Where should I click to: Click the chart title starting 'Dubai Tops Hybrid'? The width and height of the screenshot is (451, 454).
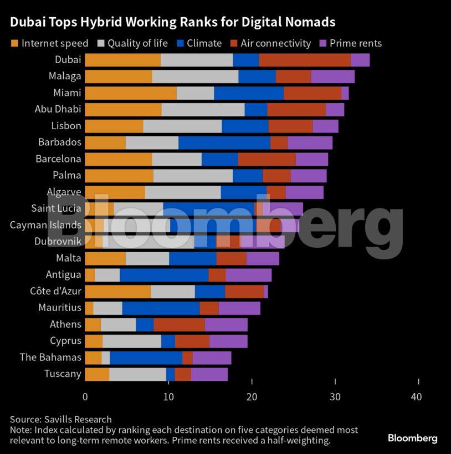[x=172, y=22]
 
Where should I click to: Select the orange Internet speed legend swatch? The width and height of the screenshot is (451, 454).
[x=14, y=43]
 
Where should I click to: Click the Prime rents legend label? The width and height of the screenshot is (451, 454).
[x=355, y=43]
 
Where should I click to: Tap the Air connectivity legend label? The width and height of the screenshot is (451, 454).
[x=275, y=43]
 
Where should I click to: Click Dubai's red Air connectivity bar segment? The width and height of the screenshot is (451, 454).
[x=305, y=60]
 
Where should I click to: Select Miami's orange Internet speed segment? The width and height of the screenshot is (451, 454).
[x=131, y=93]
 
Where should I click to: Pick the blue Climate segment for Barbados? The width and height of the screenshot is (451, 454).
[x=224, y=142]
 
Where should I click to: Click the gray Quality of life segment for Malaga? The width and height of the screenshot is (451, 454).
[x=195, y=76]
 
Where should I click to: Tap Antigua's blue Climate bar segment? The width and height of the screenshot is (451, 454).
[x=164, y=275]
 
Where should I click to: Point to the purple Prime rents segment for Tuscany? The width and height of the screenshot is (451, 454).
[x=209, y=375]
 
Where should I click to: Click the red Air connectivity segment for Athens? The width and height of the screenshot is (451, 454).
[x=179, y=325]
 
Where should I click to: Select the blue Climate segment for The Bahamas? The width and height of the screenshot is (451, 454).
[x=146, y=358]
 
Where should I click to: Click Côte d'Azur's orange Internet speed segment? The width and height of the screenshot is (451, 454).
[x=117, y=292]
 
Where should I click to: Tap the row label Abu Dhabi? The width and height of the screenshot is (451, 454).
[x=58, y=109]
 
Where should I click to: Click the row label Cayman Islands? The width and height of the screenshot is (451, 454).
[x=46, y=225]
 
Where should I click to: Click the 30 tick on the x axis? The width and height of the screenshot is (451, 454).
[x=335, y=397]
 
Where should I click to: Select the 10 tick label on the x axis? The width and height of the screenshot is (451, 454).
[x=168, y=397]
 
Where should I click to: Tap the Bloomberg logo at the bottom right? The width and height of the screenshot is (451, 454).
[x=412, y=438]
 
